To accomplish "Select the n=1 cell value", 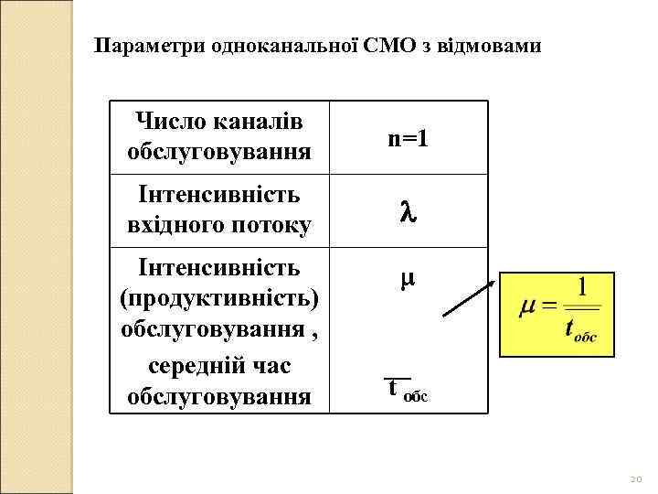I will point(409,139).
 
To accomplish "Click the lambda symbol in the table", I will point(409,211).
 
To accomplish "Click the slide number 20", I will point(637,479).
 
